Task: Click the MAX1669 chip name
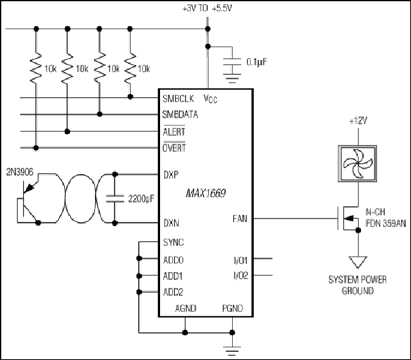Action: coord(205,193)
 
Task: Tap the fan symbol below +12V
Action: coord(358,163)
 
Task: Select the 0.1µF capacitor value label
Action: coord(256,62)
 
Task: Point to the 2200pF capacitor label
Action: coord(141,199)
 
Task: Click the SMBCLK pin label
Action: coord(179,99)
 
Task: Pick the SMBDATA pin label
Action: coord(180,115)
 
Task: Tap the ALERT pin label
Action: coord(174,131)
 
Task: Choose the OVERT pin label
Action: coord(174,147)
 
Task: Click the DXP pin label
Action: coord(171,175)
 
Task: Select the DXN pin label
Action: coord(171,223)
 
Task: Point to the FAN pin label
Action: coord(240,219)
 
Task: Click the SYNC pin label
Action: coord(173,242)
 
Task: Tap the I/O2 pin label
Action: coord(240,275)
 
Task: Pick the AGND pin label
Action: coord(186,308)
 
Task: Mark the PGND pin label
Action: coord(232,308)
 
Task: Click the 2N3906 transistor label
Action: coord(20,172)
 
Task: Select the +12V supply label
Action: coord(358,121)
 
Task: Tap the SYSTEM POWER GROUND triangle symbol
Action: coord(358,262)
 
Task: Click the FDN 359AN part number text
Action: coord(386,223)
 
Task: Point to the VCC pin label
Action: coord(210,99)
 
